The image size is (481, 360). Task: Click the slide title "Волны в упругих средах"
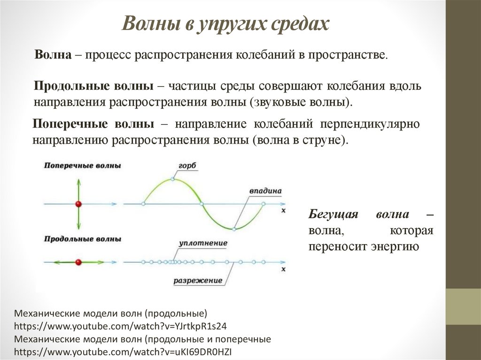click(225, 24)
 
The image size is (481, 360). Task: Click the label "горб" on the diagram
click(187, 166)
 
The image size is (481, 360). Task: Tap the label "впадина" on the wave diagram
click(265, 191)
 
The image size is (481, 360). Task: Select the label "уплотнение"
click(203, 243)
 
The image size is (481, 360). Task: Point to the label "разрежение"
click(198, 281)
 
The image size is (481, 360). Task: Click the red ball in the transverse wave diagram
click(78, 204)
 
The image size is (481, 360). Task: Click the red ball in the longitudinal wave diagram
click(78, 261)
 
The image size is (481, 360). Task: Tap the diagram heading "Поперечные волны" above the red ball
click(83, 166)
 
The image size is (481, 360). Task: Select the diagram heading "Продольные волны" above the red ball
click(83, 239)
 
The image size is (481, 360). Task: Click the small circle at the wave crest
click(172, 179)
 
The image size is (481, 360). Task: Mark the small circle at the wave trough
click(233, 229)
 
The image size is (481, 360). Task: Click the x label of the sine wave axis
click(283, 211)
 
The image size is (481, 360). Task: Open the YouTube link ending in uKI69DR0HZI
click(123, 352)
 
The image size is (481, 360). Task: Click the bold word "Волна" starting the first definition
click(53, 55)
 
